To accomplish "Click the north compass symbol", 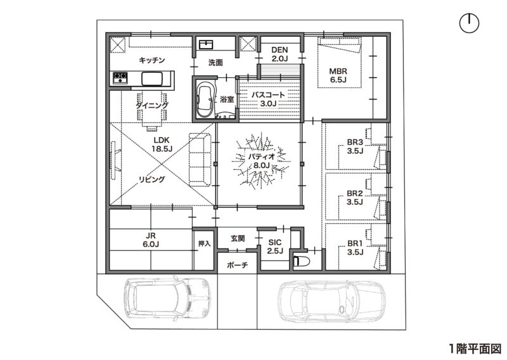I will (x=468, y=24).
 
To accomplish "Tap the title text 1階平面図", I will (x=475, y=348).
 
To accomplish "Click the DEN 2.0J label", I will (x=279, y=55).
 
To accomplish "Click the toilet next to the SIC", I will (x=300, y=260).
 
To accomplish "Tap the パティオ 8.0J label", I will (x=259, y=161).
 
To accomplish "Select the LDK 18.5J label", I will (x=162, y=144).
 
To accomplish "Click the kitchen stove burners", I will (x=120, y=78).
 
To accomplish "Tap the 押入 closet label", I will (x=203, y=243).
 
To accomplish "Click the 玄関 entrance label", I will (x=237, y=238).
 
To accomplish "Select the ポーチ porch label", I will (x=237, y=265).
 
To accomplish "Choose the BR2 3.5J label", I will (x=354, y=198).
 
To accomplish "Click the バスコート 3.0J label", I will (x=268, y=98).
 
